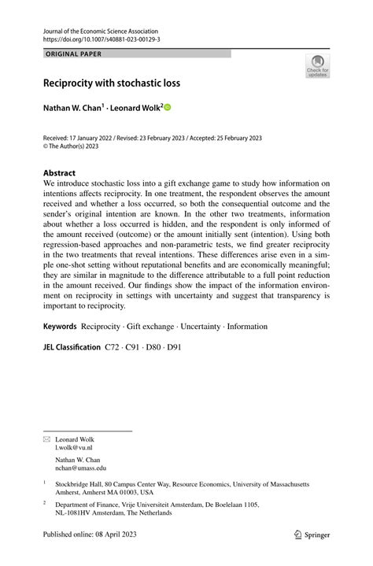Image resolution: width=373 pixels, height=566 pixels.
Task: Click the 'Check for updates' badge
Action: [x=317, y=65]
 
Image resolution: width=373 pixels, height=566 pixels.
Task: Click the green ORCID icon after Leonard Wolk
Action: [x=167, y=106]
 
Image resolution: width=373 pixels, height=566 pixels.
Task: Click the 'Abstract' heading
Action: [x=59, y=172]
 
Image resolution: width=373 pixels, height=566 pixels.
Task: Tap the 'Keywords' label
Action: [x=60, y=325]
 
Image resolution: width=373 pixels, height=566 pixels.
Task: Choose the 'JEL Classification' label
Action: [x=72, y=346]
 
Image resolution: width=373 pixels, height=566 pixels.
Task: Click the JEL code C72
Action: [x=114, y=346]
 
